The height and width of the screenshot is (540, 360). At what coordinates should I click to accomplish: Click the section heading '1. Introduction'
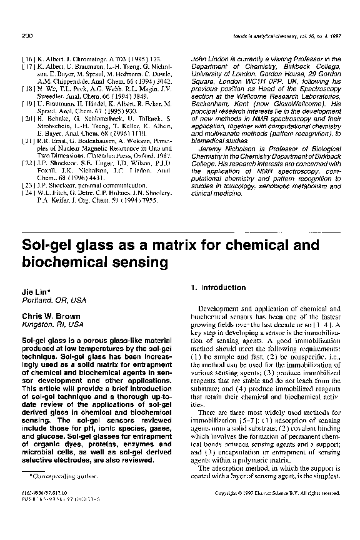[x=216, y=287]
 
